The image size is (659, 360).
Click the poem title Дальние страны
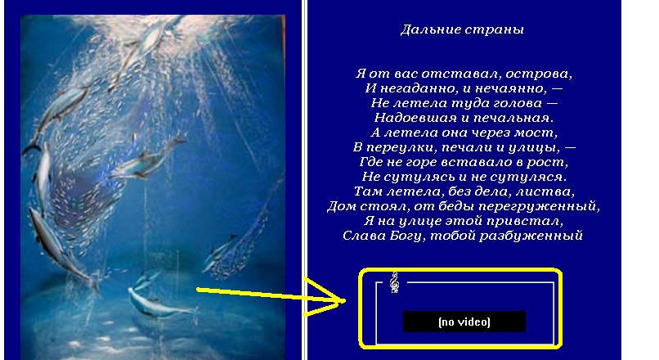point(462,29)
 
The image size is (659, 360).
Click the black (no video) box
point(464,322)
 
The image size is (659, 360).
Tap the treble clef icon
point(394,282)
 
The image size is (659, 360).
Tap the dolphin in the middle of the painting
point(147,158)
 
